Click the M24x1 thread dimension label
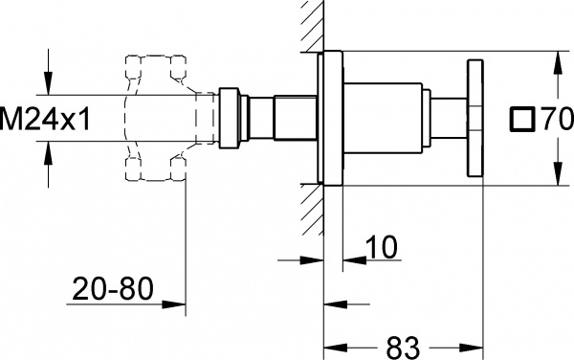click(x=43, y=119)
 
